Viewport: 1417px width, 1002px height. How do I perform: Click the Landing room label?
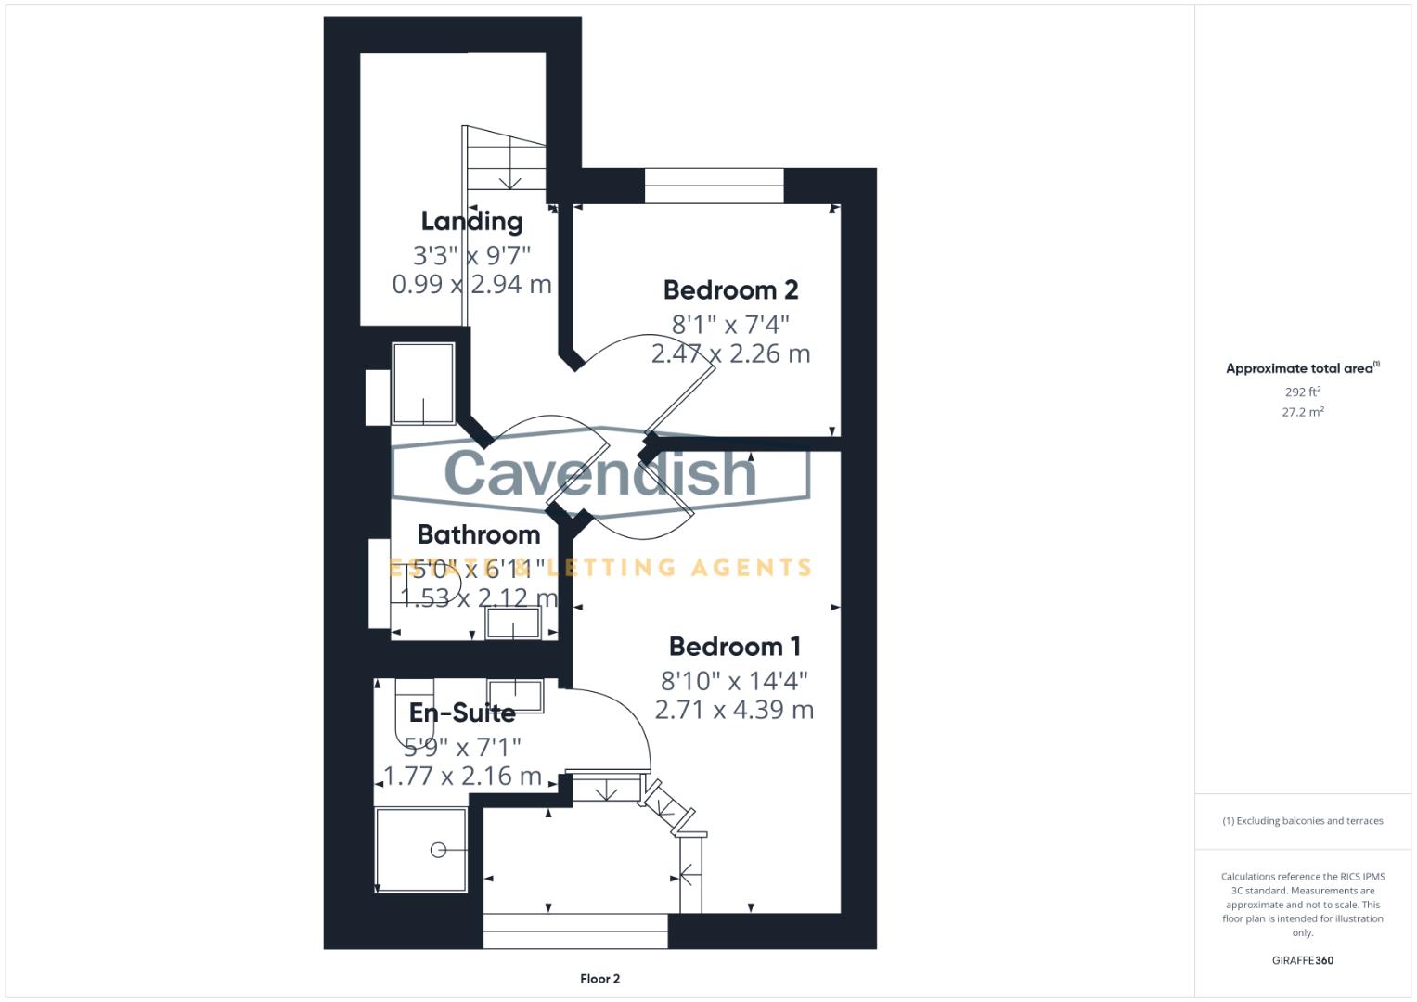[471, 221]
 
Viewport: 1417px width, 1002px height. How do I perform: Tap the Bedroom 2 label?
[730, 290]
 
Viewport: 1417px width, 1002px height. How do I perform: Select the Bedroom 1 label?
[734, 647]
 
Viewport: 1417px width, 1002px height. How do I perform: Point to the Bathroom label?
[478, 534]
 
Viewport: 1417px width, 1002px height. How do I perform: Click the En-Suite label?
[462, 713]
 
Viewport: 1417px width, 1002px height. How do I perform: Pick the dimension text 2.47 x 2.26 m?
[730, 353]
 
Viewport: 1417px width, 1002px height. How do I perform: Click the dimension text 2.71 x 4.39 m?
[734, 710]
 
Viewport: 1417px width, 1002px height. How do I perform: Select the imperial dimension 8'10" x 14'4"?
[734, 681]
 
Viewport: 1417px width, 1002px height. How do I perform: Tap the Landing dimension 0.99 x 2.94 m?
[471, 284]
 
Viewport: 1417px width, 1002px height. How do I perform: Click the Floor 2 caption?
[599, 979]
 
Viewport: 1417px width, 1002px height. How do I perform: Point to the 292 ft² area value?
[1302, 392]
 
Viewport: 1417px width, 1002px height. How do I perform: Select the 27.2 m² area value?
[1302, 412]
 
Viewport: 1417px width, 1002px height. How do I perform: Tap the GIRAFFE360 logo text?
[1302, 960]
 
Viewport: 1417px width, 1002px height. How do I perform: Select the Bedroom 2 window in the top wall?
[714, 186]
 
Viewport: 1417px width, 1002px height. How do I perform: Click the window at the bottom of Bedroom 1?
[575, 931]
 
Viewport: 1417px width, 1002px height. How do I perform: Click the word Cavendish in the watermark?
[600, 472]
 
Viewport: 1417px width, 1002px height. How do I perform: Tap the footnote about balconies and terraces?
[1302, 821]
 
